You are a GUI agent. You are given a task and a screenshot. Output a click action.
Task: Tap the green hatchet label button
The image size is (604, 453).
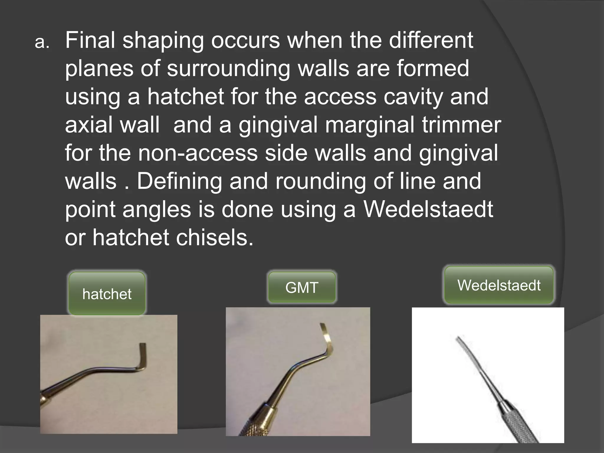(107, 294)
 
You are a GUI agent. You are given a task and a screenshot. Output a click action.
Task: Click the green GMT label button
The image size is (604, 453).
(302, 288)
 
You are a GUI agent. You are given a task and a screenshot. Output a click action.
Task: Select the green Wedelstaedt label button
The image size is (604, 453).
(499, 285)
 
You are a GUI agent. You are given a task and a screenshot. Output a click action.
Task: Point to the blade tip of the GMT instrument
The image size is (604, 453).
(323, 326)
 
